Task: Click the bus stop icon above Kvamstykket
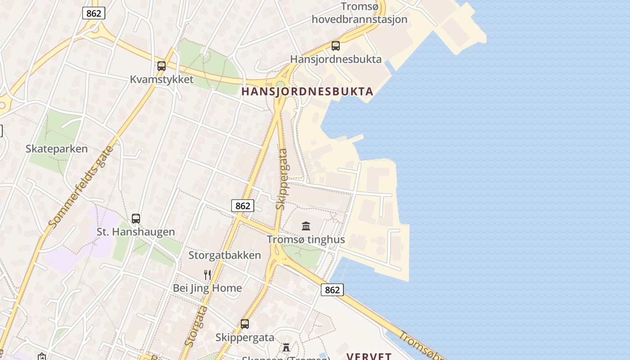162,66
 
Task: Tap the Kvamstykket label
162,80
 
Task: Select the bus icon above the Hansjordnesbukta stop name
336,45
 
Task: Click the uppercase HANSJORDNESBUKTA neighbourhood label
307,91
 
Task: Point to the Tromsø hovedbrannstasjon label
359,13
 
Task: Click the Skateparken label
57,148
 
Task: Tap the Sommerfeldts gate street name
80,186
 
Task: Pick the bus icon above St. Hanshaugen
136,219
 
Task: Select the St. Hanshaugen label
136,232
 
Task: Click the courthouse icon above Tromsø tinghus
306,226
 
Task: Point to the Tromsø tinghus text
306,239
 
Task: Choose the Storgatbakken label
225,255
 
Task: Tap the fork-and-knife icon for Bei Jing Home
207,274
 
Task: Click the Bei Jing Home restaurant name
207,288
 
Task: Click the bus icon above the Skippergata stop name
245,324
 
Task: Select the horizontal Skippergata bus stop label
245,337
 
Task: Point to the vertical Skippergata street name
282,179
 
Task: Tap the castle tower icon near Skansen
286,347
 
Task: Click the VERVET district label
369,356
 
